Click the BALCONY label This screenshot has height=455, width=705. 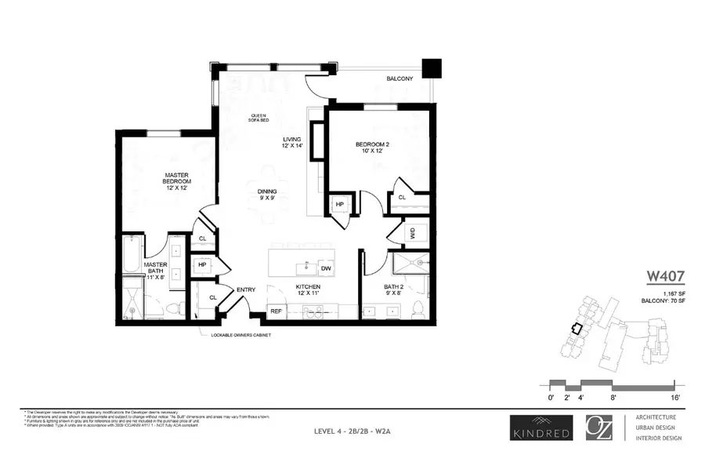pyautogui.click(x=399, y=79)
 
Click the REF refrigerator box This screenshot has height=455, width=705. pyautogui.click(x=276, y=311)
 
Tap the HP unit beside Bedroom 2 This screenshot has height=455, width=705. pyautogui.click(x=340, y=205)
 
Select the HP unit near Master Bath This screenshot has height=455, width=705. pyautogui.click(x=202, y=265)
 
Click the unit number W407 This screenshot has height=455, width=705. pyautogui.click(x=666, y=276)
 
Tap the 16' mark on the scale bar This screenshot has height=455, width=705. pyautogui.click(x=673, y=399)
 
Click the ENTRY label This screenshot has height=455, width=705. pyautogui.click(x=246, y=290)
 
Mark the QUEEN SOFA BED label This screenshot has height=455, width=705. pyautogui.click(x=258, y=118)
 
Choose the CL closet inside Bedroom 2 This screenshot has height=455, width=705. pyautogui.click(x=402, y=198)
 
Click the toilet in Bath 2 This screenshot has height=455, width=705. pyautogui.click(x=418, y=308)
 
